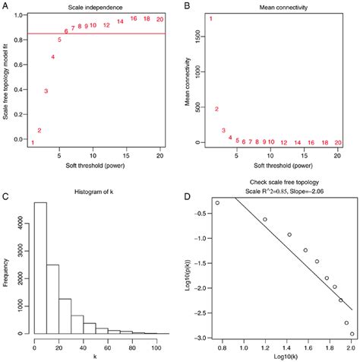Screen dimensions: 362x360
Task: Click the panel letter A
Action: (x=6, y=10)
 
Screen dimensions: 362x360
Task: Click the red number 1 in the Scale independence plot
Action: (x=33, y=142)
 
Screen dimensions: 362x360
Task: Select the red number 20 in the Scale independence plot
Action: (x=159, y=18)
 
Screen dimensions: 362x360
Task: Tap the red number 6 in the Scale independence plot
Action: (x=66, y=31)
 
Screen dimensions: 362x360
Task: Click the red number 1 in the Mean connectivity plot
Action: (x=211, y=18)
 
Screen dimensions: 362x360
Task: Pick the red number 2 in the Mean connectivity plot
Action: (x=217, y=109)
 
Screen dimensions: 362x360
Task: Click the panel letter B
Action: (x=186, y=10)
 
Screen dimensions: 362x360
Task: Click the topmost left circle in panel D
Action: (x=217, y=203)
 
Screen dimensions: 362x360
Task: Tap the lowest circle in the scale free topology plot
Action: (x=352, y=333)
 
